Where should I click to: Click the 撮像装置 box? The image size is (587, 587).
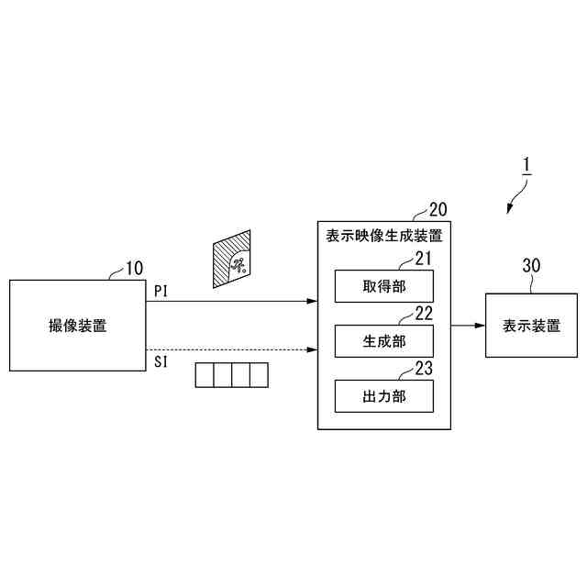tap(77, 326)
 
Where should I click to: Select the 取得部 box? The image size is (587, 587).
tap(383, 286)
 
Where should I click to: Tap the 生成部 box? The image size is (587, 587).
tap(383, 340)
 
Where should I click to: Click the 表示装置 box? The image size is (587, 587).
tap(531, 326)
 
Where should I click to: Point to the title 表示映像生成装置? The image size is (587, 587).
tap(384, 235)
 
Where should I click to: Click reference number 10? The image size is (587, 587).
tap(134, 269)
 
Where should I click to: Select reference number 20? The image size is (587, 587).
tap(438, 209)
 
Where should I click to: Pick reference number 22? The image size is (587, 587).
tap(424, 313)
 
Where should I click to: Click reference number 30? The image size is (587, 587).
tap(531, 266)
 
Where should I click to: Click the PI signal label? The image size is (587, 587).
tap(161, 291)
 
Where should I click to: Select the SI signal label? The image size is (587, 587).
tap(161, 361)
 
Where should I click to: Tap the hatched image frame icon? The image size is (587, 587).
tap(232, 260)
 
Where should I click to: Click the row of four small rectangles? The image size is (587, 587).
tap(232, 375)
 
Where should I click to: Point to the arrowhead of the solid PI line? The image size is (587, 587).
tap(313, 300)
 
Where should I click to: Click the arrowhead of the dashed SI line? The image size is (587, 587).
tap(313, 349)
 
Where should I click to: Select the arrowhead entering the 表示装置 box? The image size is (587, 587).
tap(480, 326)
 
